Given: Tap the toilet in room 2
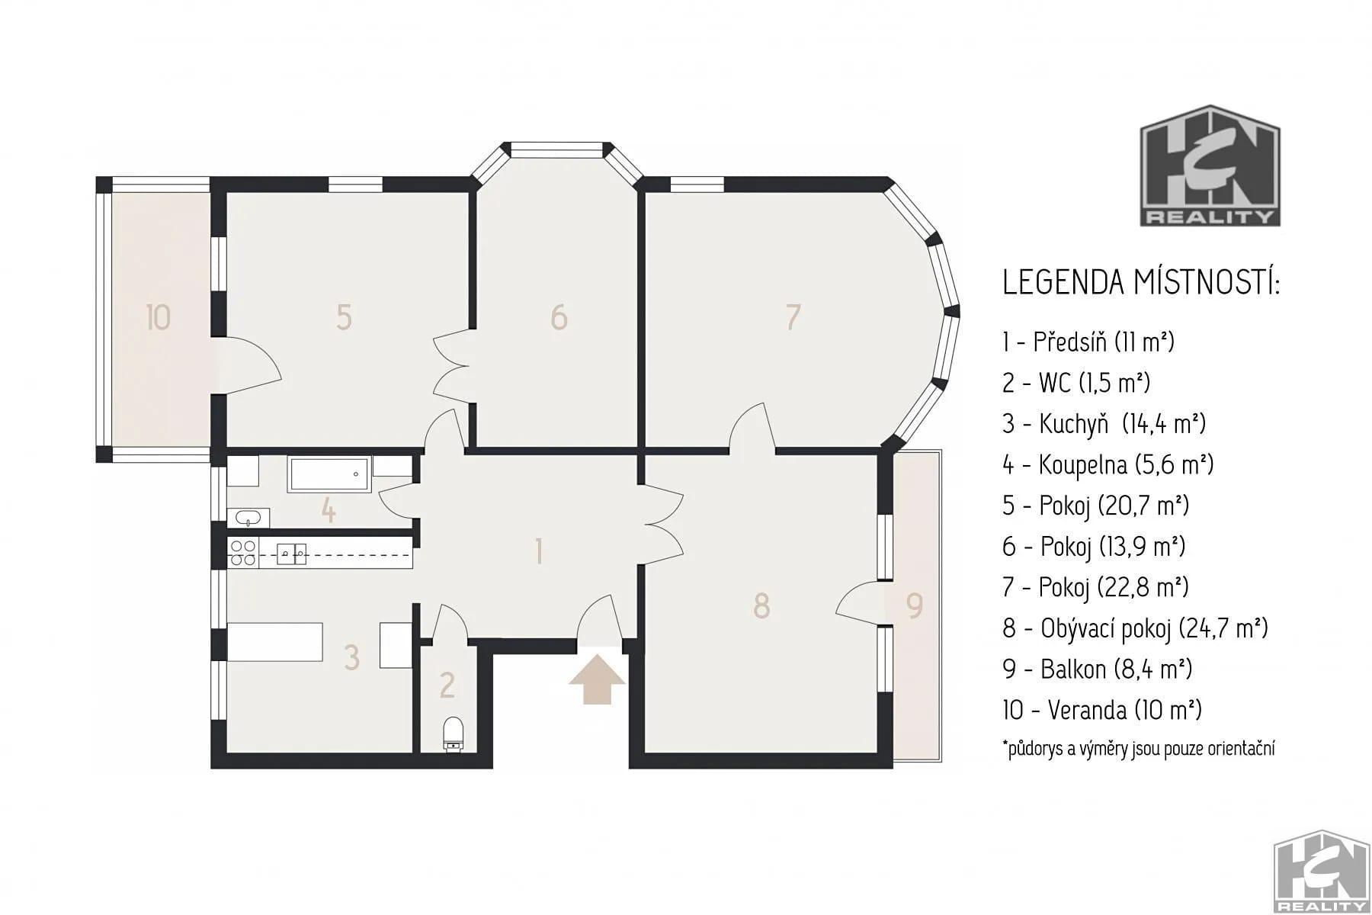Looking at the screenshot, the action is click(x=452, y=734).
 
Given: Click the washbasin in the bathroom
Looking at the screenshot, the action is click(x=248, y=518).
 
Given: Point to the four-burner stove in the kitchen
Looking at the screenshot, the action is click(x=243, y=552).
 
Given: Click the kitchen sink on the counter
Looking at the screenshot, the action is click(x=292, y=553).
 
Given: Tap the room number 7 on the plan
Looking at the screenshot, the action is click(x=793, y=317).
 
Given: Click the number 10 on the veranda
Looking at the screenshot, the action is click(x=158, y=317).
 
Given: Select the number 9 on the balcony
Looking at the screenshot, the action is click(x=914, y=605).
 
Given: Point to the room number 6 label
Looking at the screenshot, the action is click(x=559, y=317).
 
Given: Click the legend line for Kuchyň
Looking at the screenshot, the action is click(x=1104, y=423).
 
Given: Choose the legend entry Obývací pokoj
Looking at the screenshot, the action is click(x=1135, y=628).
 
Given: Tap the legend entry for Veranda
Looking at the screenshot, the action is click(x=1102, y=711).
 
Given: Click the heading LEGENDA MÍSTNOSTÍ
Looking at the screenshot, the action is click(x=1140, y=282).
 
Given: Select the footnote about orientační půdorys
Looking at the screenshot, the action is click(x=1139, y=749).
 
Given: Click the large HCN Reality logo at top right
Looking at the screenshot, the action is click(x=1210, y=165).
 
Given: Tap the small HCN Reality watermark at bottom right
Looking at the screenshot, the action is click(x=1322, y=871).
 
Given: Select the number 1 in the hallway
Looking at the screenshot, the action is click(x=540, y=552).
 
